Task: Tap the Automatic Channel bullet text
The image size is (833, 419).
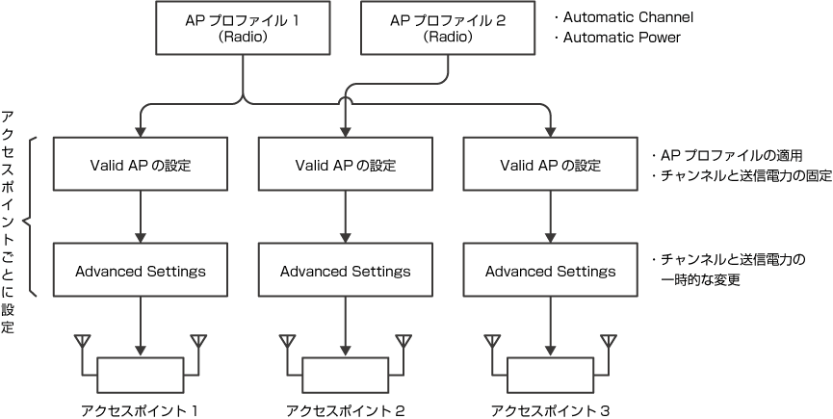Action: pos(623,17)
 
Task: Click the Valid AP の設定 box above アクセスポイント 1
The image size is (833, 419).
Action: pos(141,164)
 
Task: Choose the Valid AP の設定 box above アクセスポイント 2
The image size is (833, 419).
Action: pos(346,164)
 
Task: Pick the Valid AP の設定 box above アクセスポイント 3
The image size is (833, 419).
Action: pos(550,164)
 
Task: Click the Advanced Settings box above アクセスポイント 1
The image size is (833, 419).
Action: pos(141,271)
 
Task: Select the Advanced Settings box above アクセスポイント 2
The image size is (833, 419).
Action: pos(346,271)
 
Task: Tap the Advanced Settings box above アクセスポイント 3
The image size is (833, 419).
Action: pos(550,271)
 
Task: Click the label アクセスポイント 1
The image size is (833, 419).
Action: pos(141,409)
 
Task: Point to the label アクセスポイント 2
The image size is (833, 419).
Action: pos(346,409)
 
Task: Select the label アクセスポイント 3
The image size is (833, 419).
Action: pos(550,409)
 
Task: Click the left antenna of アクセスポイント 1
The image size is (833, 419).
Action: pos(83,343)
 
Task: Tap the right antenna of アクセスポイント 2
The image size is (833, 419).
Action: pos(404,343)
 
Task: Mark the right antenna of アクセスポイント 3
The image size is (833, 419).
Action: pos(609,343)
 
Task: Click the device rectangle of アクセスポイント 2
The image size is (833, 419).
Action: pos(346,371)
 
